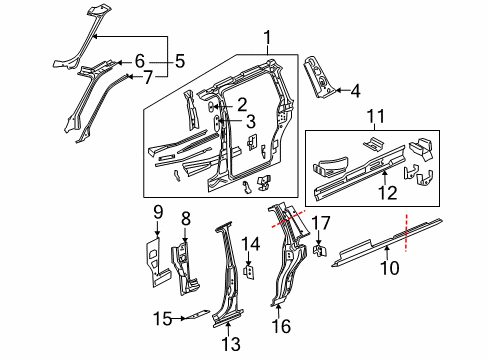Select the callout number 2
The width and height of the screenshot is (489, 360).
(243, 103)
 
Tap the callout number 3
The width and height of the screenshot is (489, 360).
(243, 123)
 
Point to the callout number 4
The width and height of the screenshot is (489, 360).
(355, 91)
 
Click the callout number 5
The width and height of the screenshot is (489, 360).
(180, 60)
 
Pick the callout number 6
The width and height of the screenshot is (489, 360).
(140, 60)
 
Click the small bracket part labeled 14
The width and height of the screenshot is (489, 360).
(249, 269)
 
